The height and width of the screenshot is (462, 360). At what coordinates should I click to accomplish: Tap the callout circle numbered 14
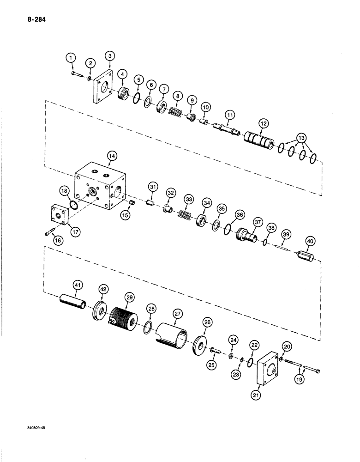[x=111, y=157]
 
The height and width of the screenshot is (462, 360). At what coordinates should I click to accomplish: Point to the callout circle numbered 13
[x=301, y=138]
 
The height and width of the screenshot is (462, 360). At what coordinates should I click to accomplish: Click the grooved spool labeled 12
[x=259, y=140]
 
